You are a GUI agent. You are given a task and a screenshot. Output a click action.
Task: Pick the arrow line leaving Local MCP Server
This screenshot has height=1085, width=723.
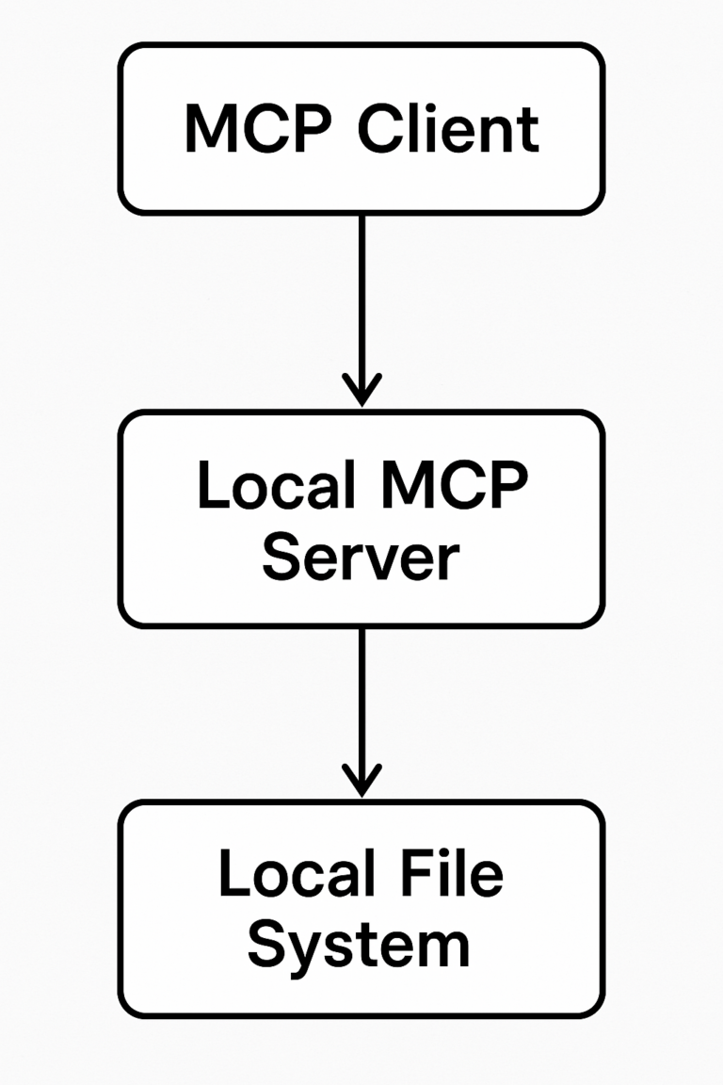(x=361, y=697)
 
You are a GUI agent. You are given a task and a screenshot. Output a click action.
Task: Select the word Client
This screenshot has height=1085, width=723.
(x=449, y=129)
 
